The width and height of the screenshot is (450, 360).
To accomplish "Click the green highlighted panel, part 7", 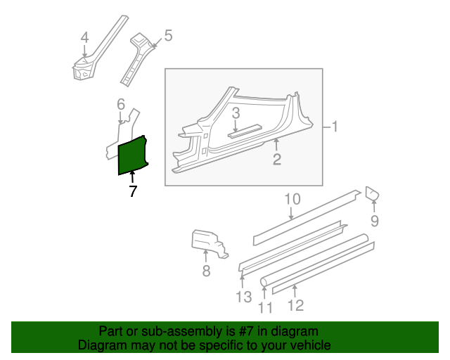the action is pos(133,155).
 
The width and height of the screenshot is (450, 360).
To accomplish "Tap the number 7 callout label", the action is pos(132,191).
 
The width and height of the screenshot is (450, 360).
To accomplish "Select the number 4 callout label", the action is pos(84,37).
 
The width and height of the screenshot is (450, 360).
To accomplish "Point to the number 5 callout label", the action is pos(168,36).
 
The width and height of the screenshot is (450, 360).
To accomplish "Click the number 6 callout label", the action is pos(121,104).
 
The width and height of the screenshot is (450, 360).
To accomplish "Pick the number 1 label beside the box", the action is pos(334,127).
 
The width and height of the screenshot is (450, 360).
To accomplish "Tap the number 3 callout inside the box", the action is pos(236,113).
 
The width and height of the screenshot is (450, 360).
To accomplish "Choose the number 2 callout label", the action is pos(276,160).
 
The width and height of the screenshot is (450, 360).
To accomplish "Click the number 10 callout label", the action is pos(292,199).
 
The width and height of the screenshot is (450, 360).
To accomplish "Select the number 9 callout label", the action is pos(375,221).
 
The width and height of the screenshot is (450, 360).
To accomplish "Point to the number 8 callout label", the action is pos(206,271).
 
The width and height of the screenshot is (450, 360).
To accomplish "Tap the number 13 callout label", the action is pos(244,297).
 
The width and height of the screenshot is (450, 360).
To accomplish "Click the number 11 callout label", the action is pos(265,307).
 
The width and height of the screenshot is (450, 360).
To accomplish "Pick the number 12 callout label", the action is pos(295,305).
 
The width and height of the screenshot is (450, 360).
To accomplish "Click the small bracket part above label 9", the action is pos(372,193).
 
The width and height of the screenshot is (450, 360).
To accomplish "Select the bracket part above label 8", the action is pos(210,243).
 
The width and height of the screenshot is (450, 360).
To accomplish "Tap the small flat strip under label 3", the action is pos(245,131).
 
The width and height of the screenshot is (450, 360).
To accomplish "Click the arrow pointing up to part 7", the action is pos(132,177).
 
